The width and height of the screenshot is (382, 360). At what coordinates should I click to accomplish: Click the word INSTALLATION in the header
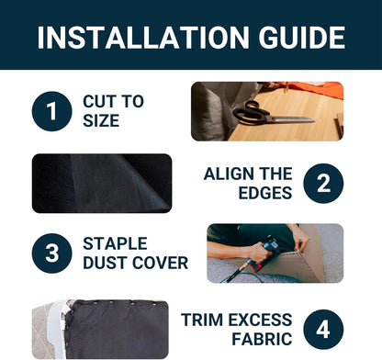(143, 38)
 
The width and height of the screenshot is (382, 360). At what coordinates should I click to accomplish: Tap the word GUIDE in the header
(302, 38)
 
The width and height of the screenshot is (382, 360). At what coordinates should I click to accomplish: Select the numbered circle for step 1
(51, 111)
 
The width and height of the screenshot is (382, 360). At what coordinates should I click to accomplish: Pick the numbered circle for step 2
(323, 183)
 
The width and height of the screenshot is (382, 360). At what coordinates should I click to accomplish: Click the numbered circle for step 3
(51, 253)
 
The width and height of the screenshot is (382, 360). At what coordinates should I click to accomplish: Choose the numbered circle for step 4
(323, 330)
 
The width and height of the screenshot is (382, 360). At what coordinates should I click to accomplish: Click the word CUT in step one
(99, 101)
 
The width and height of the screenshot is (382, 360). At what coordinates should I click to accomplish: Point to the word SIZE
(101, 120)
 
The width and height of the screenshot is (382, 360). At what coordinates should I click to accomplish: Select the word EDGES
(265, 193)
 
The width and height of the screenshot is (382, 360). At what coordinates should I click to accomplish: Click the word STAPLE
(115, 243)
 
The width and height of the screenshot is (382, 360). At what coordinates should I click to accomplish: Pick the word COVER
(161, 263)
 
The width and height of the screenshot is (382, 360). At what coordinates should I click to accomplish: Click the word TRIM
(202, 320)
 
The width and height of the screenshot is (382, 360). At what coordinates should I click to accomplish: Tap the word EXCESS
(260, 320)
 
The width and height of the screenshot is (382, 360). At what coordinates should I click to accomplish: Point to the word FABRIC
(262, 339)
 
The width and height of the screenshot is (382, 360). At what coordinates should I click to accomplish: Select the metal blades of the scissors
(291, 119)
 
